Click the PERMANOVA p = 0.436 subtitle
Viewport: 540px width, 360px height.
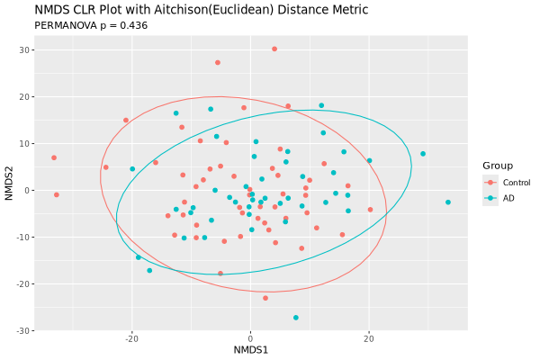90,25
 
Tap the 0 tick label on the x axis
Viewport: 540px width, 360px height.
250,339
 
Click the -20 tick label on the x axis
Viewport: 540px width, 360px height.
131,339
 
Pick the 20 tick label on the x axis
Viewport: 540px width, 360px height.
369,339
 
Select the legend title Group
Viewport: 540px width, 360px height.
498,166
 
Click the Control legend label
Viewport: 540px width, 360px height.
517,183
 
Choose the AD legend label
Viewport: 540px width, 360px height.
508,198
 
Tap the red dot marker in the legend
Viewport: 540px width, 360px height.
490,183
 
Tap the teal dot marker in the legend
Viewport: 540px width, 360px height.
490,198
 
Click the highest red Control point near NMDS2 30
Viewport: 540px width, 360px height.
274,49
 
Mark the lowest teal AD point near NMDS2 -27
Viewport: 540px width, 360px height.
295,318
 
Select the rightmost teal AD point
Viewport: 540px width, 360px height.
447,202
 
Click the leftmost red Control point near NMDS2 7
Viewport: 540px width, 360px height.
54,157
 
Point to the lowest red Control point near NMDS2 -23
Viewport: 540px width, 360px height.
265,298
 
